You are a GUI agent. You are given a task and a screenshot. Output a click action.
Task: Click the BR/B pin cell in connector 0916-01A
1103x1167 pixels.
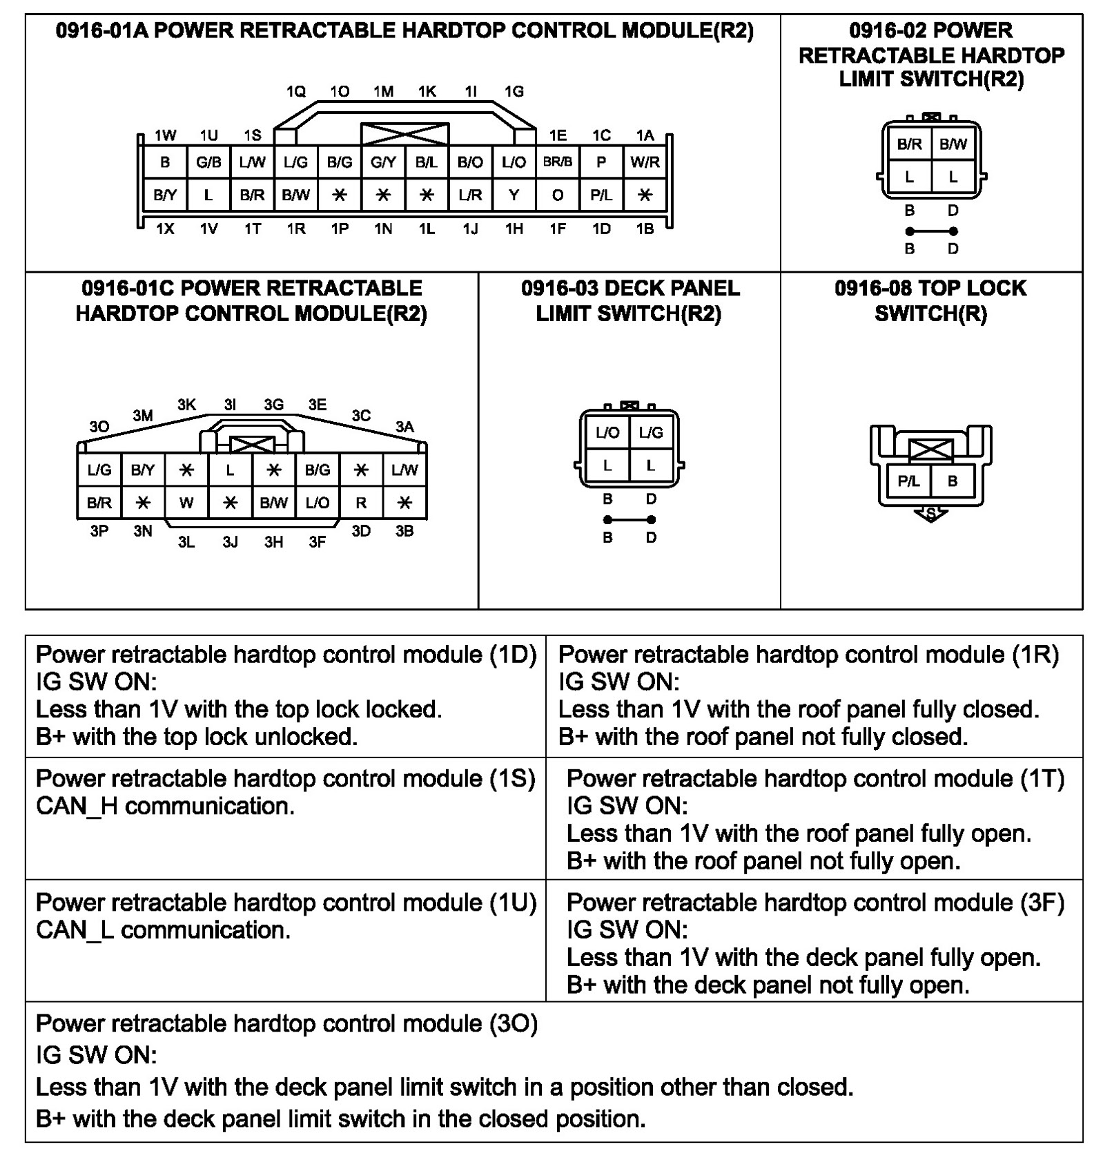558,162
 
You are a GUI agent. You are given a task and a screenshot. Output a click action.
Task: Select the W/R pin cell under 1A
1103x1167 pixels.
645,162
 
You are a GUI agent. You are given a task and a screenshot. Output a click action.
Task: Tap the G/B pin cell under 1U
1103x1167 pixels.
208,162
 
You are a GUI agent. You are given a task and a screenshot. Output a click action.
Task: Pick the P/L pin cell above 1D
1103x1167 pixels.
601,195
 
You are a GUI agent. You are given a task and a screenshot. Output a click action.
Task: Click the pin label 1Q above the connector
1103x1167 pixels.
296,91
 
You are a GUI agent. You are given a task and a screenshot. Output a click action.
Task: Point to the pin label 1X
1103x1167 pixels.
165,229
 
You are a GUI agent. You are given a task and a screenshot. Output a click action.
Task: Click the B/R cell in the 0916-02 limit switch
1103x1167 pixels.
909,144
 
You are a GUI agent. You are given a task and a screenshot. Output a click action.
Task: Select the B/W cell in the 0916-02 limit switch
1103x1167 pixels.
953,144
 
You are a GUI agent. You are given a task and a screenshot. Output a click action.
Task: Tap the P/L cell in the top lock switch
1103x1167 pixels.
908,481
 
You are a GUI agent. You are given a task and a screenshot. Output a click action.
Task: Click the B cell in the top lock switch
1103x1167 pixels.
953,481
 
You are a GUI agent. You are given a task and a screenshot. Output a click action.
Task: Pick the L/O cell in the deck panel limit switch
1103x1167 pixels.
607,433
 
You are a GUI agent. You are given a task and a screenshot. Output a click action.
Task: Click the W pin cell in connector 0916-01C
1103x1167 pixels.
186,503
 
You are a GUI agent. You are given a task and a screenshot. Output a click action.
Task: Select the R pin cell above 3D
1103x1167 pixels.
361,503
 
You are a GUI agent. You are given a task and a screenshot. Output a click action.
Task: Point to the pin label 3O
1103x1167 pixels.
99,427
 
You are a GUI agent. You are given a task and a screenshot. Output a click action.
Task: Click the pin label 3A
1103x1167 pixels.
404,427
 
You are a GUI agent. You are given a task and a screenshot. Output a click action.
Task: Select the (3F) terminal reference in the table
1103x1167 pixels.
1042,903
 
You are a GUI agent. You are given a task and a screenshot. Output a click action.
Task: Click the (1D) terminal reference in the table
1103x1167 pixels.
513,655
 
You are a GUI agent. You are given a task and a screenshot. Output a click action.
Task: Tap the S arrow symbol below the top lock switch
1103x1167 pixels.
930,514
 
